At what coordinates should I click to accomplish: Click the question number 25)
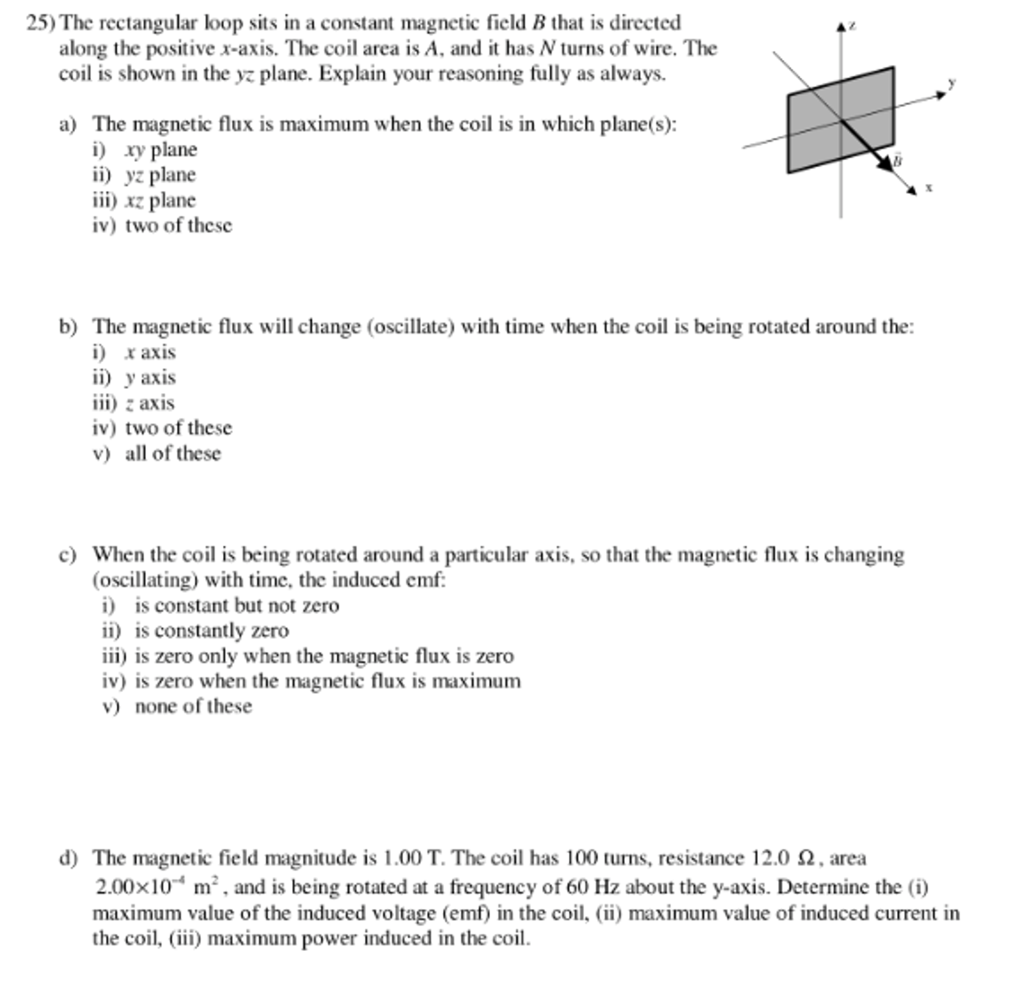point(41,23)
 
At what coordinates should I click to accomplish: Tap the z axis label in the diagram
point(853,25)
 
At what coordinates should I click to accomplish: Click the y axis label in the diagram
point(952,82)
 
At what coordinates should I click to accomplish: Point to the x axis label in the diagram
point(929,187)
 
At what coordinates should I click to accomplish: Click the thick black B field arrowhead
point(885,162)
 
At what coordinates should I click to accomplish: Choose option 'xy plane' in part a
point(161,150)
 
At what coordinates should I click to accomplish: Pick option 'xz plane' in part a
point(160,201)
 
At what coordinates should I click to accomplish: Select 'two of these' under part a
point(178,225)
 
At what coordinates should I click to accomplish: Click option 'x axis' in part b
point(150,352)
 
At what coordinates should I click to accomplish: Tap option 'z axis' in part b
point(150,403)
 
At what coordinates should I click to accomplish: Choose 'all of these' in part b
point(172,454)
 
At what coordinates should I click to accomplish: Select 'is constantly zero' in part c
point(211,630)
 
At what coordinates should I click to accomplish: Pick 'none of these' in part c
point(193,707)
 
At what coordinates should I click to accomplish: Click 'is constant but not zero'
point(237,605)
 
